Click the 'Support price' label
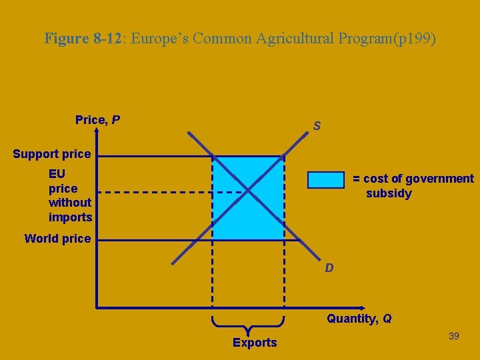tap(51, 154)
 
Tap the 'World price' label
tap(57, 238)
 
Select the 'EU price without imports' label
tap(70, 195)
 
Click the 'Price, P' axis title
tap(97, 120)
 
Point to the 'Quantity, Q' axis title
tap(359, 319)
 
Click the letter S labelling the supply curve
tap(317, 126)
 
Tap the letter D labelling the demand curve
tap(329, 268)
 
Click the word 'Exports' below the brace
tap(255, 343)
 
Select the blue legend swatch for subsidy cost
tap(327, 180)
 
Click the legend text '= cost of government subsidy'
tap(413, 186)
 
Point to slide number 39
tap(454, 336)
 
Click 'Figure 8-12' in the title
tap(83, 38)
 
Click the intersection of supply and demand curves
tap(248, 192)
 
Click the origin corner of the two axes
tap(97, 307)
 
